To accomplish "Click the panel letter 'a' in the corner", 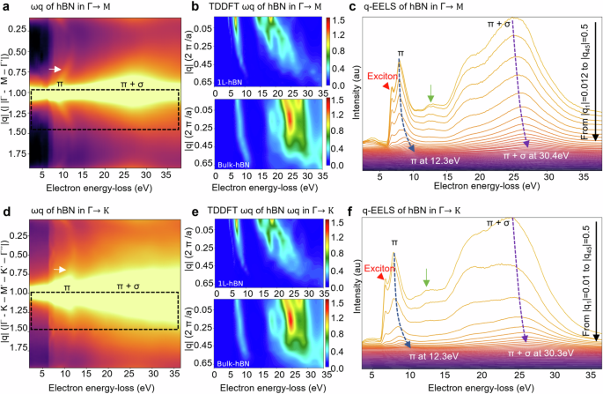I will point(4,7).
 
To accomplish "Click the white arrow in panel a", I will point(55,69).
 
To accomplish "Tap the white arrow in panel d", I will point(58,269).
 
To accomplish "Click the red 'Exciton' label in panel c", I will point(383,76).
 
